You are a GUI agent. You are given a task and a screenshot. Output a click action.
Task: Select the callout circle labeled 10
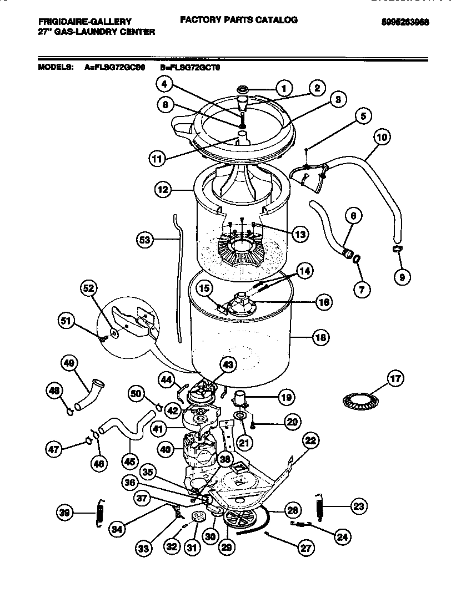click(382, 136)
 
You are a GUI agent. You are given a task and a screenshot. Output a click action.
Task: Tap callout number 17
click(394, 380)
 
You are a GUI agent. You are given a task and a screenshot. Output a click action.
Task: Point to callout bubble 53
click(146, 240)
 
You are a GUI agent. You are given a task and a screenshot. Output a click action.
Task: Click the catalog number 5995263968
click(405, 23)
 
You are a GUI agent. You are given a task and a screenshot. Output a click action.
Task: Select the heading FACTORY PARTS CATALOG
click(238, 20)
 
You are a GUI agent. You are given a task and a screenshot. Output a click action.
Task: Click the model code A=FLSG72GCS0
click(115, 67)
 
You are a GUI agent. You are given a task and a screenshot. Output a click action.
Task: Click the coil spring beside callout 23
click(319, 507)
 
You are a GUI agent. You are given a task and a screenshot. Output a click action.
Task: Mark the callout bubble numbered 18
click(320, 337)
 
